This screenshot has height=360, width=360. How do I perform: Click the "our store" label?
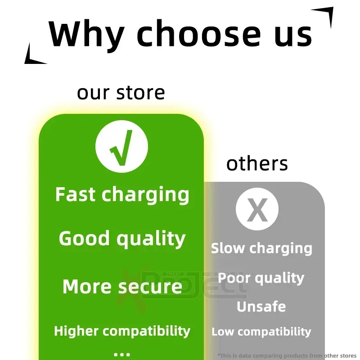(121, 93)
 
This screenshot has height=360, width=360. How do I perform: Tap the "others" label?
(257, 164)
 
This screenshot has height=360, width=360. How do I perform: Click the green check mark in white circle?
(121, 147)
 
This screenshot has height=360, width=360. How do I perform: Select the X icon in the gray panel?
(257, 210)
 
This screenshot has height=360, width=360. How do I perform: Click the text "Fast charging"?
(122, 195)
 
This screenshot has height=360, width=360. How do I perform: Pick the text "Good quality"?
(122, 238)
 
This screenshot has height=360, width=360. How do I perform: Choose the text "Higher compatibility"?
(122, 331)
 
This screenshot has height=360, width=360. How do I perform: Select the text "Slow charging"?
(261, 248)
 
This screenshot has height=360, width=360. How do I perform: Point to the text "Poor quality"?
(261, 278)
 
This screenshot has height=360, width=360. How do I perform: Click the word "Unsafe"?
(261, 307)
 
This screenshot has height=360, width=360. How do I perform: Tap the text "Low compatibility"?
(261, 332)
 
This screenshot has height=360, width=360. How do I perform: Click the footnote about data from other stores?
(287, 355)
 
